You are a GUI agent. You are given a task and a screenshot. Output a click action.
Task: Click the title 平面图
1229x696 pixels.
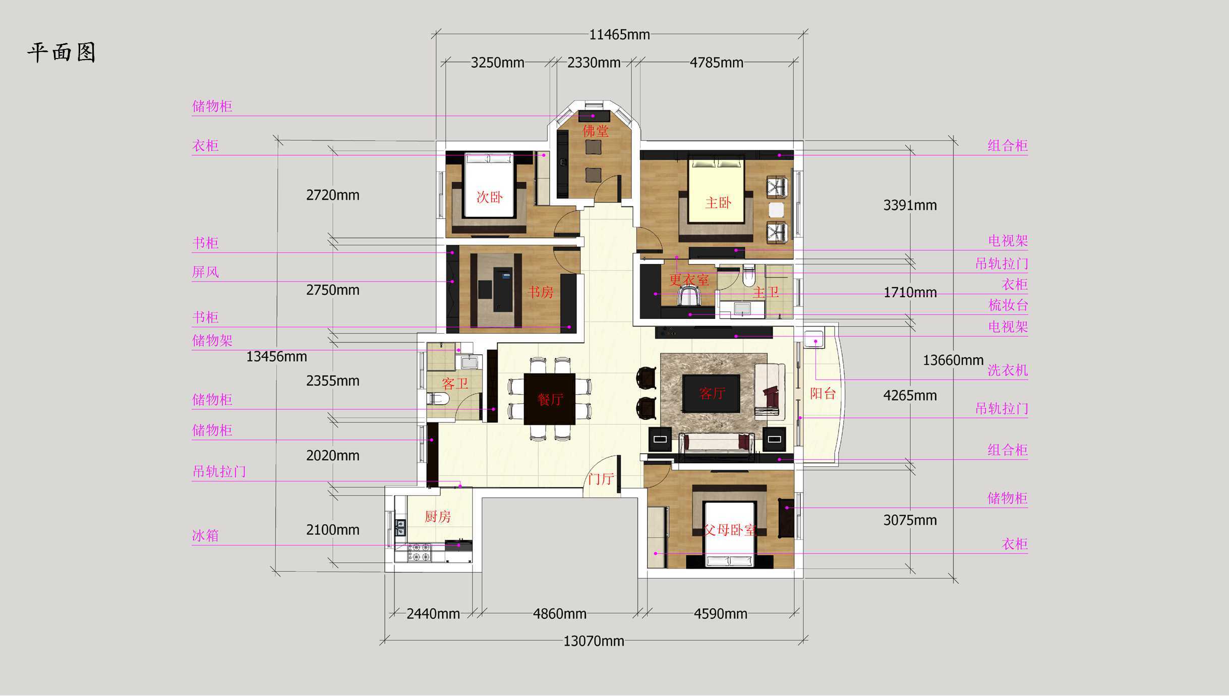[61, 52]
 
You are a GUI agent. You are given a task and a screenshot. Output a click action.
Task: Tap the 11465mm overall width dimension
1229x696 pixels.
[619, 34]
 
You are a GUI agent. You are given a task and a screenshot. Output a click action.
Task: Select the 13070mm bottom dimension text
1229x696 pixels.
[594, 641]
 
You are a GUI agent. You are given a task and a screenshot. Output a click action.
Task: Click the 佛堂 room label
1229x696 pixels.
[596, 131]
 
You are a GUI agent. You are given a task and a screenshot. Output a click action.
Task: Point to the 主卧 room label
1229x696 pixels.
[718, 203]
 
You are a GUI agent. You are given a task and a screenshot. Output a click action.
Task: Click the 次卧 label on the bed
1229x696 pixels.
[490, 197]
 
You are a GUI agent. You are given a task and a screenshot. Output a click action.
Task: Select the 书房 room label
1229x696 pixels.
[540, 292]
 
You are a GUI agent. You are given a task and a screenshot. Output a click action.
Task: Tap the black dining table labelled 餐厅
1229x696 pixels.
[550, 399]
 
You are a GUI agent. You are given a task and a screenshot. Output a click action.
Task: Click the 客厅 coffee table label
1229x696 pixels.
[712, 393]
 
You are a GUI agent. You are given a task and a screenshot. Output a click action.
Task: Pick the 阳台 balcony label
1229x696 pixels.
[823, 393]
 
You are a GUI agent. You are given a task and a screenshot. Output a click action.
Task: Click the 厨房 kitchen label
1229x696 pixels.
[437, 516]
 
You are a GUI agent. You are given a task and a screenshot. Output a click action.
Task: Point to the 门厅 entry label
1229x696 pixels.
[601, 478]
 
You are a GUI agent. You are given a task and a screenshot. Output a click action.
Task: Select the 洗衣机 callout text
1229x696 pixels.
[1007, 370]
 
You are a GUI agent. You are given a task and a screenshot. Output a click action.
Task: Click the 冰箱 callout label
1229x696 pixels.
[205, 535]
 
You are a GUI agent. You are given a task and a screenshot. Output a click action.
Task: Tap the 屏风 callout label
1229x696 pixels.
[205, 272]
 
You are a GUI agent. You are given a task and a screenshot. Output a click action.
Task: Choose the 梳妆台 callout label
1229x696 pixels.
[1008, 305]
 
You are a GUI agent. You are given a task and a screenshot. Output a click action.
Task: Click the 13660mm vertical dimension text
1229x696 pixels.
[953, 360]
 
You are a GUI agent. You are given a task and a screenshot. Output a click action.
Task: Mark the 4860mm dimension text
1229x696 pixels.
[560, 614]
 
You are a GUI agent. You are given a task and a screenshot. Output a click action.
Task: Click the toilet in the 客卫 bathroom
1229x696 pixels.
[437, 399]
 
